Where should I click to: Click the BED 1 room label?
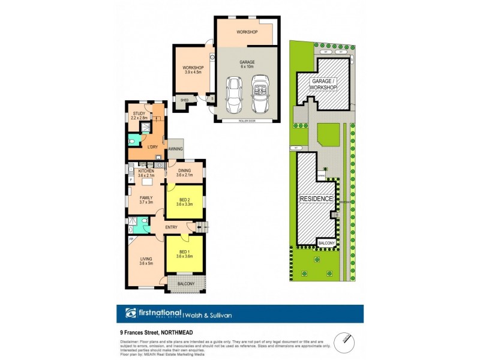(184, 253)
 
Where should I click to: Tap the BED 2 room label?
(185, 202)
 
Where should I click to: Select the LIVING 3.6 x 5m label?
(146, 262)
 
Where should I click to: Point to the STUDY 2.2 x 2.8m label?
(139, 115)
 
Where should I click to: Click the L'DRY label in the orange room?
(151, 146)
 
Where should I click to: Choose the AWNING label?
(175, 149)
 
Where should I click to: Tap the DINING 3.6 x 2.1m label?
(185, 172)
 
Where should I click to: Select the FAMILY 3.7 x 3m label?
(146, 200)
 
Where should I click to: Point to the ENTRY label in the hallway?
(171, 227)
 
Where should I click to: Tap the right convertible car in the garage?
(260, 94)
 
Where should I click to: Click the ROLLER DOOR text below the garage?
(247, 121)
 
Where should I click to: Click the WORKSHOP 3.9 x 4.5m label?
(193, 70)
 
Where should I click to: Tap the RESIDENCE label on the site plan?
(316, 198)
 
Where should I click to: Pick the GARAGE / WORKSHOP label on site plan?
(323, 84)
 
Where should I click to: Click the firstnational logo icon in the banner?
(130, 314)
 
